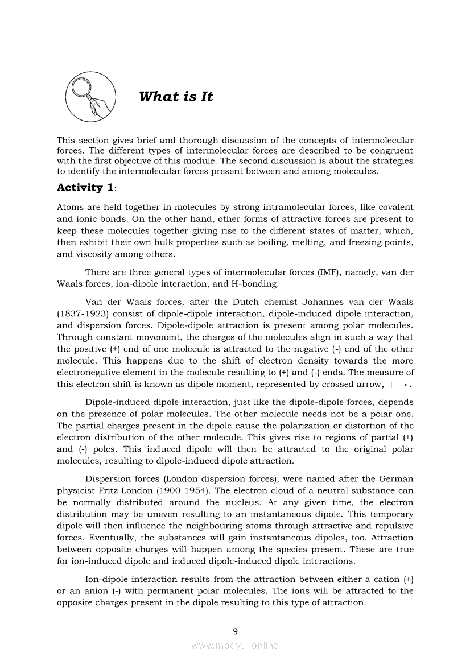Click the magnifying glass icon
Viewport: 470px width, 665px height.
pyautogui.click(x=91, y=97)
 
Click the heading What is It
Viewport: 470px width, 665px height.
pyautogui.click(x=176, y=97)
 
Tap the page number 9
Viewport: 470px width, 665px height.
pyautogui.click(x=235, y=630)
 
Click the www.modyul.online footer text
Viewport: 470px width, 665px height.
pyautogui.click(x=235, y=645)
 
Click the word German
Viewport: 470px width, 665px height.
pyautogui.click(x=395, y=479)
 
